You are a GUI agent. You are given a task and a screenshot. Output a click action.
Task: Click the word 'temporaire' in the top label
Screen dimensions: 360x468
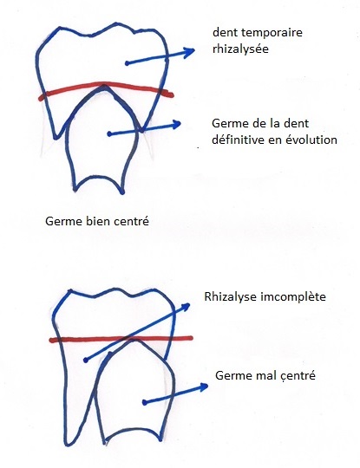click(x=273, y=33)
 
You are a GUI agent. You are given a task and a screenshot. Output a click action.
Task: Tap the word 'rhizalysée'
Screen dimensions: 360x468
click(x=240, y=49)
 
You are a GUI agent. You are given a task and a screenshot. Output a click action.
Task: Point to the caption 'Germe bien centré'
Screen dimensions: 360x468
click(x=97, y=222)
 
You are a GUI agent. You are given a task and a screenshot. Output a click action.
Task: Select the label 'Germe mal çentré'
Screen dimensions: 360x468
click(x=265, y=375)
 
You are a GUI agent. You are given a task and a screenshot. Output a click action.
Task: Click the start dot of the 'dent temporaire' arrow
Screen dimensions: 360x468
click(x=127, y=63)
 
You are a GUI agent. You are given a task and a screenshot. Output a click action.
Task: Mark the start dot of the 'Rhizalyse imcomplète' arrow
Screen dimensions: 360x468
click(x=86, y=361)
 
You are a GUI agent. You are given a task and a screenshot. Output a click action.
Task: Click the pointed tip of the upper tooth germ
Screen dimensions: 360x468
click(x=104, y=86)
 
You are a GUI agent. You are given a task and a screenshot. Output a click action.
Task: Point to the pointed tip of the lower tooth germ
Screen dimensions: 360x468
click(x=134, y=341)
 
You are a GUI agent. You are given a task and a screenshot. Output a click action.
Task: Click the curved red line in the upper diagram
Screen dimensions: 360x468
click(x=106, y=84)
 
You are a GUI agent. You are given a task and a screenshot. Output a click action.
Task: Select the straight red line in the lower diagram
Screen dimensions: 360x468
click(x=121, y=339)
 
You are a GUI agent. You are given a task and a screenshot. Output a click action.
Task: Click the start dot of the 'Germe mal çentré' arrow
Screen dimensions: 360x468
click(x=144, y=403)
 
